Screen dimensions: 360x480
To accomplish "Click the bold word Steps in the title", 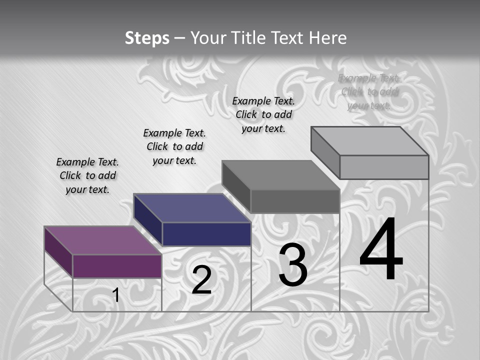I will coord(147,38).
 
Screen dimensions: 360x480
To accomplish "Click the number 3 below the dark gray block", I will coord(293,265).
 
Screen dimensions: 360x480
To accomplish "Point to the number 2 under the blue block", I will coord(201,280).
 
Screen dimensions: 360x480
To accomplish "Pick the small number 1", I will coord(116,295).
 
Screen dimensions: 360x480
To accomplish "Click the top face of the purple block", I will coord(102,240).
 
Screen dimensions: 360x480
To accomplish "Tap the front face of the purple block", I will coord(117,266).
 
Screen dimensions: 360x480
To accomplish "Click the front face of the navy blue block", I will coord(206,234).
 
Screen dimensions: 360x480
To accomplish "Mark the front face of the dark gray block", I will coord(295,201).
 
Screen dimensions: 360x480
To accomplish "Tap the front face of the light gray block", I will coord(384,167).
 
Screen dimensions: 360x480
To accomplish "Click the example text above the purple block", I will coord(87,175).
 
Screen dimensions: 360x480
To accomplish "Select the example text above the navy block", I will coord(174,146).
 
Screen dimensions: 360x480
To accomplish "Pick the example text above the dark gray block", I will coord(263,114).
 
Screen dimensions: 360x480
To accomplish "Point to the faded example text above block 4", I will coord(369,91).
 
